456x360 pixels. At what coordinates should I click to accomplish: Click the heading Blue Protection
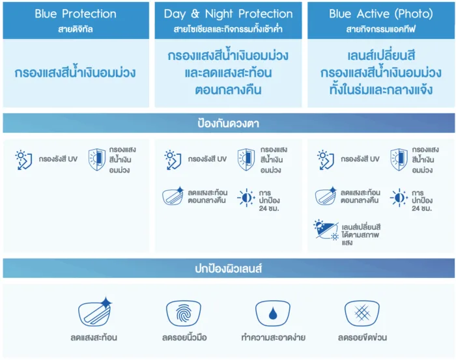pos(76,14)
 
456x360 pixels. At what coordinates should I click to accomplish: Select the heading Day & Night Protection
pos(228,14)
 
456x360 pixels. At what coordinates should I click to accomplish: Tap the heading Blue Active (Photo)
pos(381,14)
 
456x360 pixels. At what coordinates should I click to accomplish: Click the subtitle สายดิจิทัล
pos(76,29)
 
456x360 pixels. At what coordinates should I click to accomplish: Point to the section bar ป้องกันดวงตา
pos(228,123)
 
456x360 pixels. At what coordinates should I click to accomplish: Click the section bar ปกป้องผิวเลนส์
pos(228,268)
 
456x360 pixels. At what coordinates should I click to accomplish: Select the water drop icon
pos(272,312)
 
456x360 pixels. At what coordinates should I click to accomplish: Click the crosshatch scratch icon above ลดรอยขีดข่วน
pos(362,312)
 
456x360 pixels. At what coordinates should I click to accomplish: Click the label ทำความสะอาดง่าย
pos(272,338)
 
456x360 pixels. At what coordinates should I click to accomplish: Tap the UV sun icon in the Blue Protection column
pos(24,159)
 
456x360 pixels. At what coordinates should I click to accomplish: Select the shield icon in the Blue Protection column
pos(96,160)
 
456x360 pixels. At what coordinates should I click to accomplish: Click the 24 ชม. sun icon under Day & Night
pos(246,197)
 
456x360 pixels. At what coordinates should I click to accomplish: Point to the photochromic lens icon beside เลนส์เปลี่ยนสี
pos(326,232)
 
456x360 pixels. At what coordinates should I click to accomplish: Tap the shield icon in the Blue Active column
pos(399,160)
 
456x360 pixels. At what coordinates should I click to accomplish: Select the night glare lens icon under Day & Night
pos(173,197)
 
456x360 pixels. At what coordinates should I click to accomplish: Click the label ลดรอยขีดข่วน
pos(362,338)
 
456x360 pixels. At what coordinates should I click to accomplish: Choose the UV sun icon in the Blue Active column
pos(325,159)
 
